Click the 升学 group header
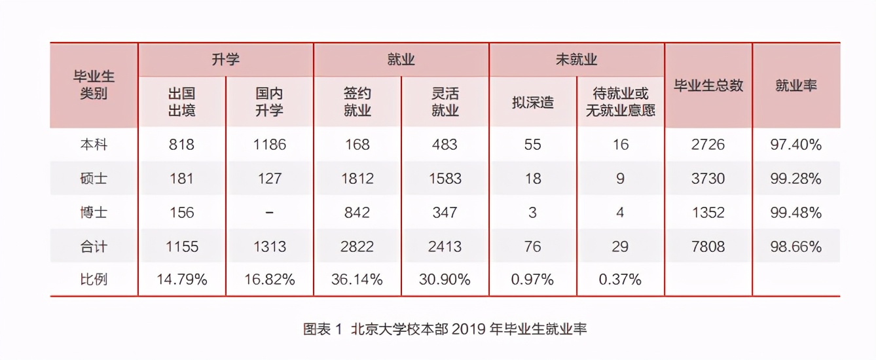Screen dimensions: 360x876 [x=225, y=60]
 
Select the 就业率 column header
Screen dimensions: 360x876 [x=796, y=86]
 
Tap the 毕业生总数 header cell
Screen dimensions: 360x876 [x=708, y=86]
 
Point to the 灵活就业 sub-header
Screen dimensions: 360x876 [x=445, y=102]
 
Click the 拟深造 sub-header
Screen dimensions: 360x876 [x=532, y=102]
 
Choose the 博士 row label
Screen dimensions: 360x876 [x=93, y=213]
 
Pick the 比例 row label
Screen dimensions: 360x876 [x=93, y=280]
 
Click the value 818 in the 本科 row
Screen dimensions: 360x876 [x=181, y=145]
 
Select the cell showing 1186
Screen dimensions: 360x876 [x=269, y=145]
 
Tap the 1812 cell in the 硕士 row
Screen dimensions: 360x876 [x=357, y=179]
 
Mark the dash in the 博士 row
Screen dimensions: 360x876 [x=269, y=213]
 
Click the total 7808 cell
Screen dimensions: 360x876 [x=708, y=247]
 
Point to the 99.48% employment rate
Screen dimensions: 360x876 [x=796, y=213]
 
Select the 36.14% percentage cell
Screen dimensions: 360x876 [x=357, y=280]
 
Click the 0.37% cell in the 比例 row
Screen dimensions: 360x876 [x=620, y=280]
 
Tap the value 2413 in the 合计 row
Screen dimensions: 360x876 [x=445, y=247]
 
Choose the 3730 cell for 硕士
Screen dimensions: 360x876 [x=708, y=179]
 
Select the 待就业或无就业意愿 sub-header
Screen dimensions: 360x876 [x=620, y=102]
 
